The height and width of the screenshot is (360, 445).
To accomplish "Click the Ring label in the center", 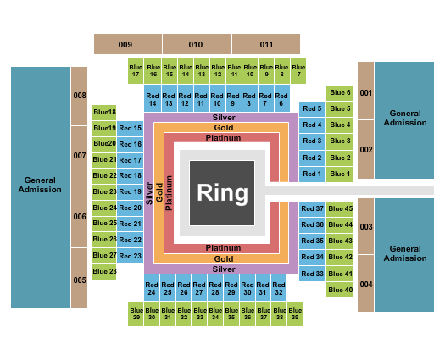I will (223, 192).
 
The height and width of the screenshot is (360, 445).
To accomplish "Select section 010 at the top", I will (196, 43).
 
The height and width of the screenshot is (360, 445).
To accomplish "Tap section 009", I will (126, 43).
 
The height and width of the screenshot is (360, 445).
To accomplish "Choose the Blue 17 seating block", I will (136, 70).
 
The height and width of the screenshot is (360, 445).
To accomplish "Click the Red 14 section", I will (152, 99).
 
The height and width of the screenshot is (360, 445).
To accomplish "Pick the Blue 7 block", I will (298, 70).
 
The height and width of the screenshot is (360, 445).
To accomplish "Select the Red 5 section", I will (312, 109).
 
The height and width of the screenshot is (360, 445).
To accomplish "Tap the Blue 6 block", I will (339, 93).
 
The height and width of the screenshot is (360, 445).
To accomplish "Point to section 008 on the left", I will (80, 96).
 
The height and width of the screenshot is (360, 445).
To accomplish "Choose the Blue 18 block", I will (104, 112).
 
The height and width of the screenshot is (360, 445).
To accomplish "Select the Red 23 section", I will (131, 256).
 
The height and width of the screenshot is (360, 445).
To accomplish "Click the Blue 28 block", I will (104, 271).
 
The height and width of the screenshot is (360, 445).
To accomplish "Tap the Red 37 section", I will (313, 208).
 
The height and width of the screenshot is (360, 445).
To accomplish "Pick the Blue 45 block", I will (340, 208).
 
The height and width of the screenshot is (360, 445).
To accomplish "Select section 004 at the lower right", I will (365, 284).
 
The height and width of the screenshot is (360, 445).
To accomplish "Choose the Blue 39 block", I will (295, 313).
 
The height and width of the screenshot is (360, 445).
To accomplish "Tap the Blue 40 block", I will (340, 290).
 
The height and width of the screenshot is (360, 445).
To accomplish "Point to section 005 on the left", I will (80, 279).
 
